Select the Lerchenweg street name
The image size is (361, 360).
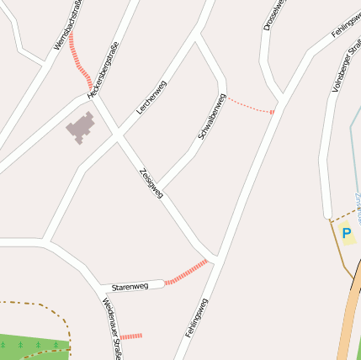[x=151, y=97]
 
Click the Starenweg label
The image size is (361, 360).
[x=130, y=288]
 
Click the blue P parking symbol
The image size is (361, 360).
[x=346, y=233]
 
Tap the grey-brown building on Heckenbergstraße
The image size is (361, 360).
[x=82, y=128]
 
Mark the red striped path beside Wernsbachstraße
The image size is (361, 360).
[x=79, y=61]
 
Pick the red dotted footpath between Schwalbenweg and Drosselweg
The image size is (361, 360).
[x=250, y=105]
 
